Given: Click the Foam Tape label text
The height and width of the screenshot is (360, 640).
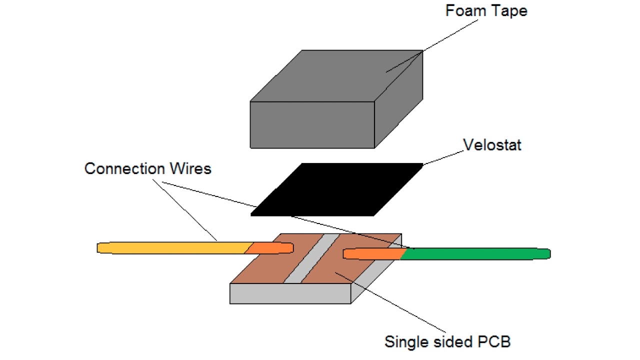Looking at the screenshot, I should pyautogui.click(x=486, y=11).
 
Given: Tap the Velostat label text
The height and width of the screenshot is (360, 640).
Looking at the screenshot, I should pyautogui.click(x=492, y=145).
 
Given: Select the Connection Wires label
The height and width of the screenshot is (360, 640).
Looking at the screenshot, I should pyautogui.click(x=147, y=168).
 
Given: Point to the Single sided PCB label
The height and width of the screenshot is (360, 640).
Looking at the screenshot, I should pyautogui.click(x=447, y=341).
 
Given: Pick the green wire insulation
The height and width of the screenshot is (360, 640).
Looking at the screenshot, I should pyautogui.click(x=475, y=254).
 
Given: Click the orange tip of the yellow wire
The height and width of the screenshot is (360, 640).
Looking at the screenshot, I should pyautogui.click(x=270, y=247).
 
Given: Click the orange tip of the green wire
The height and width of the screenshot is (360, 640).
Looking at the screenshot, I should pyautogui.click(x=372, y=254).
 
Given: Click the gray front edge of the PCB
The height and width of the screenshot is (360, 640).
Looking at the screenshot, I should pyautogui.click(x=290, y=293).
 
